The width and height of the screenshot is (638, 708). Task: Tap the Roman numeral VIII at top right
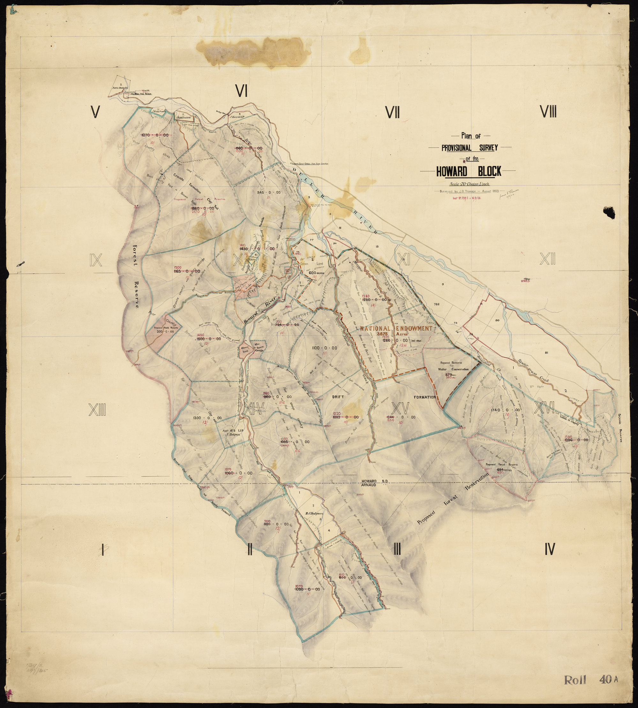548,112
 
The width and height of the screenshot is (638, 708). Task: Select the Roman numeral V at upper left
94,112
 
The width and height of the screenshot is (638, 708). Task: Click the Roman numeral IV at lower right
550,549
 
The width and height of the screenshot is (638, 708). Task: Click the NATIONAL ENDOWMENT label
396,329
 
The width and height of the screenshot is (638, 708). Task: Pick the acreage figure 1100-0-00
324,348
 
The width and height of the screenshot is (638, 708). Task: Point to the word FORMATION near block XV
424,397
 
